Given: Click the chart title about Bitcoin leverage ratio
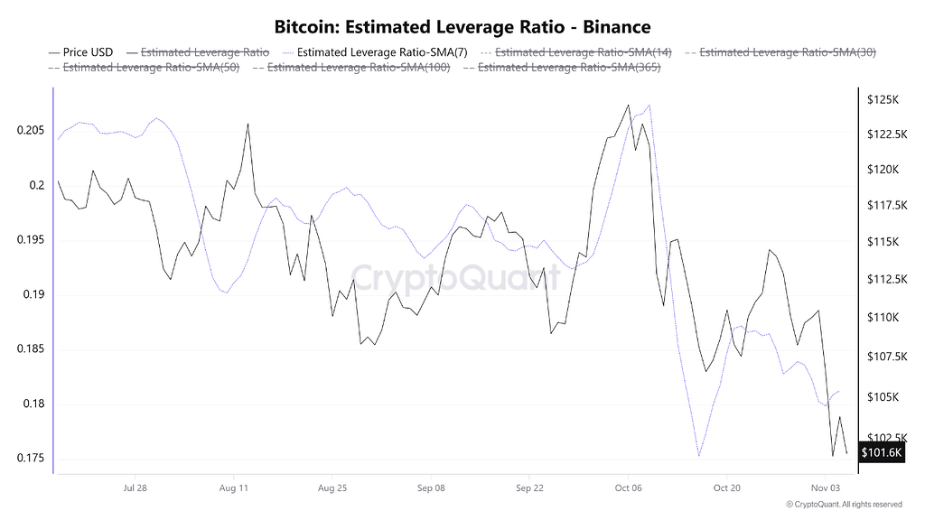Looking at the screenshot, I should [462, 27].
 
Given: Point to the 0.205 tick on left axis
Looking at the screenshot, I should [31, 131].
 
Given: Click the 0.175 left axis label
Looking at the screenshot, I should [31, 459].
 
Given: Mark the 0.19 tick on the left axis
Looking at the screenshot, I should [33, 295].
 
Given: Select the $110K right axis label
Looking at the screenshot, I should [882, 318].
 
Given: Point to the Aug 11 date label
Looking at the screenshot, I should [233, 487].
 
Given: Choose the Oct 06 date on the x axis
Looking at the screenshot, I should [628, 487].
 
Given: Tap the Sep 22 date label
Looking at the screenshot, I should [529, 487].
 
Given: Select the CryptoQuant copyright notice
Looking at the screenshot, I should [844, 504].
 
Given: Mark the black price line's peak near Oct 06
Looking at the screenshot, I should [628, 105].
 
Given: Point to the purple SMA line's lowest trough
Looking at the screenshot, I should [699, 456].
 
